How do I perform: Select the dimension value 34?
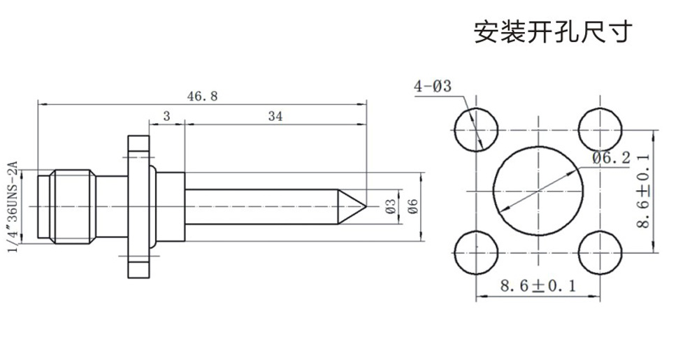(275, 117)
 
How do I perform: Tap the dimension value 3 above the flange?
(166, 117)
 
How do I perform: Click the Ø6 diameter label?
(412, 206)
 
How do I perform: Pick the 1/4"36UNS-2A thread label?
(12, 207)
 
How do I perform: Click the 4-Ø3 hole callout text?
(433, 87)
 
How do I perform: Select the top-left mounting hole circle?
(476, 130)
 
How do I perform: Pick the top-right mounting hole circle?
(600, 130)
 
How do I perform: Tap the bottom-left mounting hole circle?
(476, 253)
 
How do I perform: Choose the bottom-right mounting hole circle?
(600, 253)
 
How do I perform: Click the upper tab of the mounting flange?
(138, 148)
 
